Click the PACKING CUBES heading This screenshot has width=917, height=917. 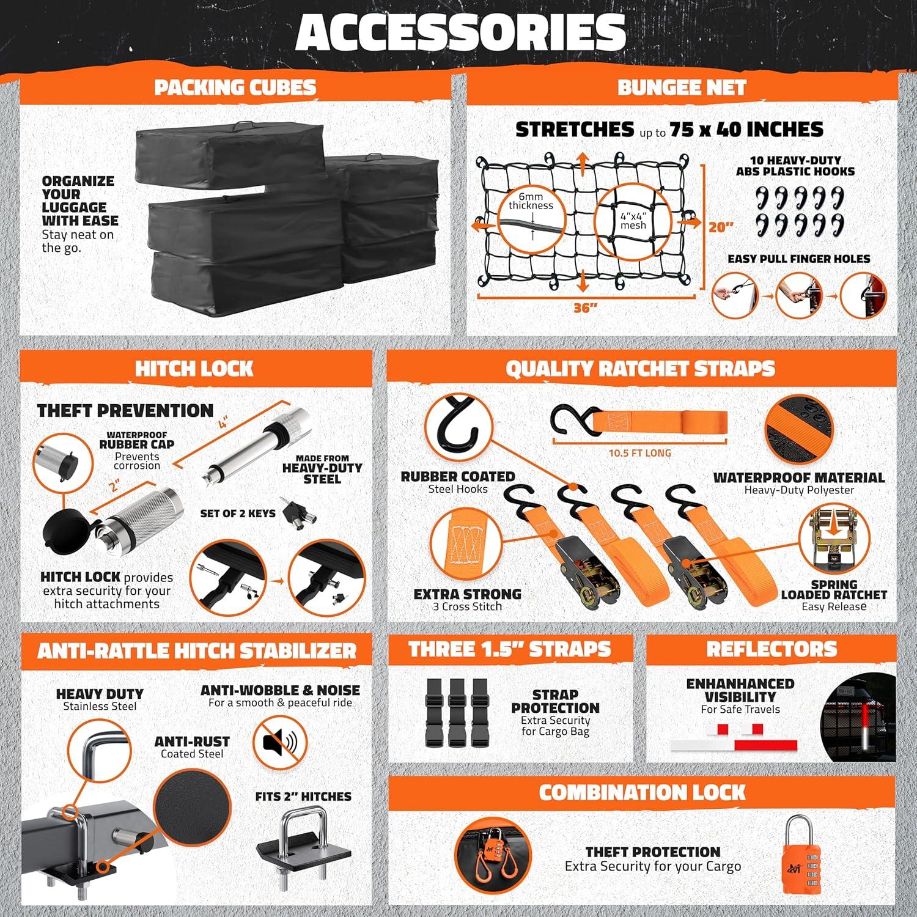tap(235, 87)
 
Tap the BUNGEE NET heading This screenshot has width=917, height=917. tap(682, 87)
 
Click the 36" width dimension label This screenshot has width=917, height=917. tap(585, 308)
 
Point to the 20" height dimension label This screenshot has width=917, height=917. tap(721, 227)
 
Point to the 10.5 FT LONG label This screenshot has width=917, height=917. tap(639, 453)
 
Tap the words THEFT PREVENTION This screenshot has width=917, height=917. tap(125, 410)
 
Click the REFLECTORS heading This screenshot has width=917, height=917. tap(772, 649)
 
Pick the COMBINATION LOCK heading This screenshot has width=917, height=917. tap(642, 792)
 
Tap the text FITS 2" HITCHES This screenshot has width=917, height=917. tap(303, 797)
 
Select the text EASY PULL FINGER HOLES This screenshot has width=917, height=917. tap(798, 259)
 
